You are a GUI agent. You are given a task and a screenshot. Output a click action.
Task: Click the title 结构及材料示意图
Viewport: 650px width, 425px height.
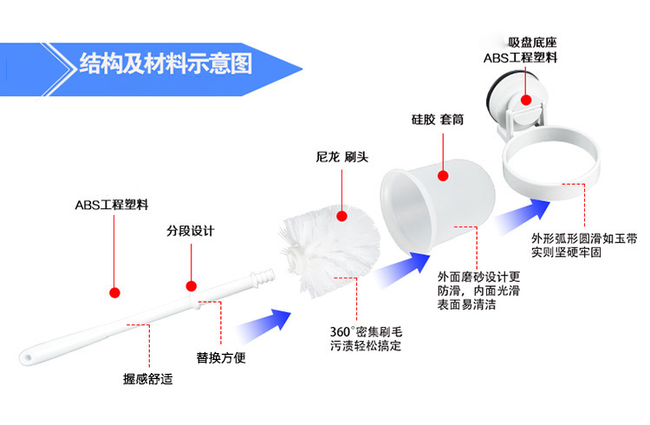[x=165, y=63]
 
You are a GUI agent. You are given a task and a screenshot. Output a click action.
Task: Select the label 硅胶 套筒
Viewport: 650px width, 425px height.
[x=438, y=120]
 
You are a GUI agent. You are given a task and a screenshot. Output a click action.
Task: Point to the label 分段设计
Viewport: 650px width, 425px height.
[x=190, y=232]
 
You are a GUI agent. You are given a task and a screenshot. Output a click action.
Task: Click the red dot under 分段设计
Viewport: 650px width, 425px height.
[x=191, y=284]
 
